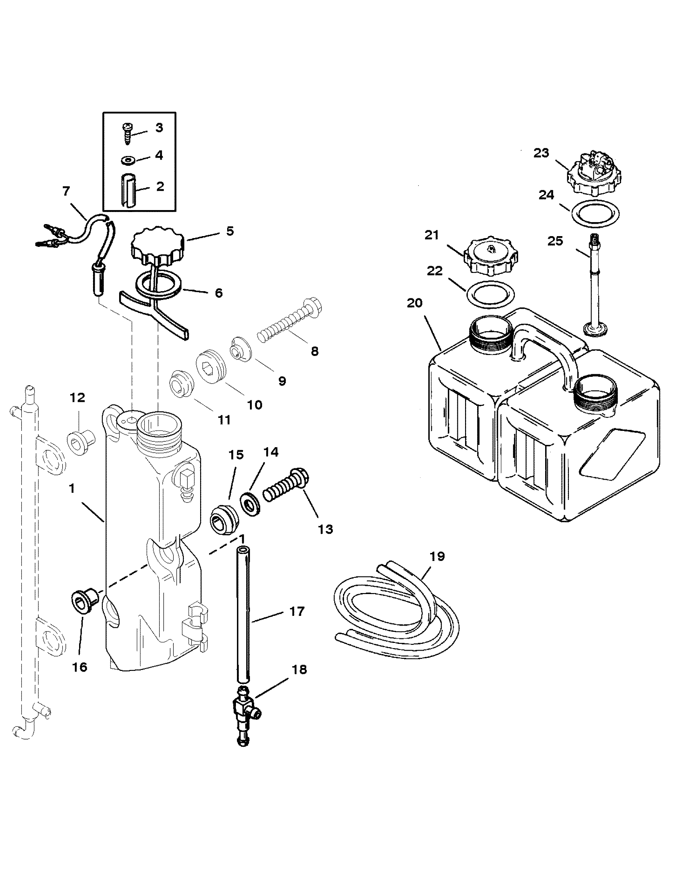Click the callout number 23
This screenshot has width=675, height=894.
click(541, 153)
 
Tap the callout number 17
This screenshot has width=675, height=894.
click(297, 612)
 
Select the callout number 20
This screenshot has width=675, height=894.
click(414, 303)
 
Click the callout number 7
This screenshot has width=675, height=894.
click(66, 191)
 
